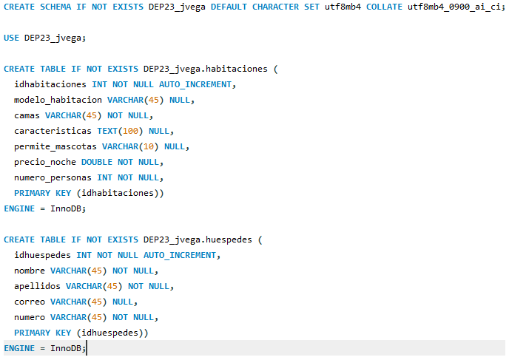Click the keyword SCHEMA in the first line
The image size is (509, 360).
(55, 7)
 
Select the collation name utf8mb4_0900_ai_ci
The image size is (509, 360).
(454, 7)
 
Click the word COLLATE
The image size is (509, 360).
(384, 7)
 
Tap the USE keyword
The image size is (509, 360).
(11, 38)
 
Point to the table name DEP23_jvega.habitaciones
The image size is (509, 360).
(206, 69)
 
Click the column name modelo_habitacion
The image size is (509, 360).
(58, 100)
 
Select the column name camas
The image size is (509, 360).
(27, 116)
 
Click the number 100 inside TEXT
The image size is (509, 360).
(130, 131)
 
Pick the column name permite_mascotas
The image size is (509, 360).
(55, 146)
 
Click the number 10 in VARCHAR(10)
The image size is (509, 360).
(149, 146)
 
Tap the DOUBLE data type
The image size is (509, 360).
(97, 162)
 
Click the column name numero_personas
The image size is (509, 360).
(53, 177)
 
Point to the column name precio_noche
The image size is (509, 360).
(45, 162)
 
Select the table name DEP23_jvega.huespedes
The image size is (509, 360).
(198, 240)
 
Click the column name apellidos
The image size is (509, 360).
(37, 286)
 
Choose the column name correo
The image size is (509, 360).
(29, 302)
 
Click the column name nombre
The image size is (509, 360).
(29, 271)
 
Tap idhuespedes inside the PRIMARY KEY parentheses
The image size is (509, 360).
(109, 333)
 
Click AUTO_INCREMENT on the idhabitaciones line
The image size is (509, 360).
(195, 85)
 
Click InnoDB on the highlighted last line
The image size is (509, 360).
(66, 348)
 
